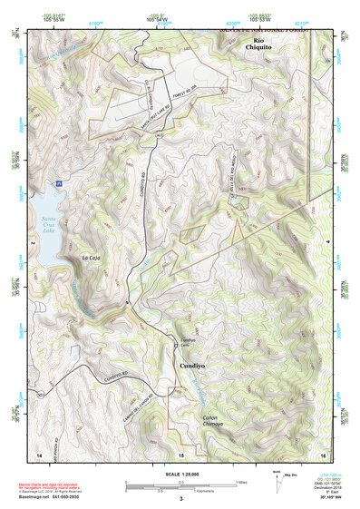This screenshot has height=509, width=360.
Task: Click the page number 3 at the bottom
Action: click(x=180, y=498)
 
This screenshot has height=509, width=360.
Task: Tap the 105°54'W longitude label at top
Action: click(x=161, y=19)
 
